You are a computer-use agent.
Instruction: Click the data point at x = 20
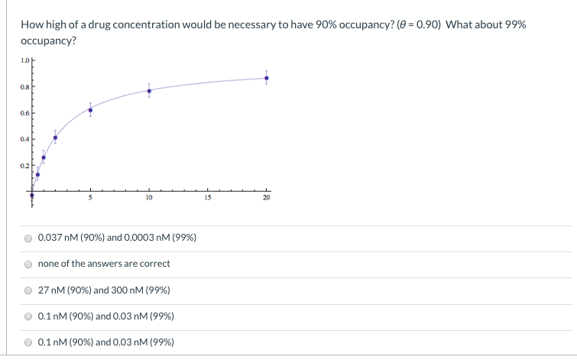click(x=266, y=77)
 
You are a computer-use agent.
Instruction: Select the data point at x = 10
click(x=149, y=90)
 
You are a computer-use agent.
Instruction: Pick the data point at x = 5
click(x=90, y=110)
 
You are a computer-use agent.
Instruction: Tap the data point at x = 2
click(x=55, y=138)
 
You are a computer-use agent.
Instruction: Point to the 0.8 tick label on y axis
click(x=25, y=86)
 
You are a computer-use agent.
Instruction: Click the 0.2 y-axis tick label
click(x=25, y=165)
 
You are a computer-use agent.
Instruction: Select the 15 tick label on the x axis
click(x=208, y=198)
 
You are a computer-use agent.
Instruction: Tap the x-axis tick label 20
click(x=266, y=198)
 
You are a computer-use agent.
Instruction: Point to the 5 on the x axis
click(x=90, y=198)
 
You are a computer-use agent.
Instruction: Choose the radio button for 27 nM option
click(x=28, y=290)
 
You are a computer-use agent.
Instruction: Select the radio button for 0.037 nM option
click(x=28, y=238)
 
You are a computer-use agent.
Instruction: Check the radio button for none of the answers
click(x=28, y=264)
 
